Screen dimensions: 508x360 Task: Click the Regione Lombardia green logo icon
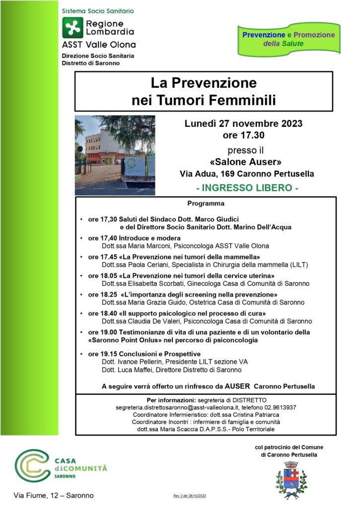72,27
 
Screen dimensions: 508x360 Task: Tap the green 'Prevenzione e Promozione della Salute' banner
288,39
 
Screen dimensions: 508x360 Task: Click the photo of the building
115,155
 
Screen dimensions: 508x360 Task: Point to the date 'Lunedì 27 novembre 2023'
243,124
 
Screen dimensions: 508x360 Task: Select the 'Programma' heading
206,203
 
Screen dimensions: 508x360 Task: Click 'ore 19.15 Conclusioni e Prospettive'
144,354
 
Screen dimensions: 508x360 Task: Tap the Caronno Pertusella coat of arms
291,480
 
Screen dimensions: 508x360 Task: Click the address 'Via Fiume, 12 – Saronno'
53,495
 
